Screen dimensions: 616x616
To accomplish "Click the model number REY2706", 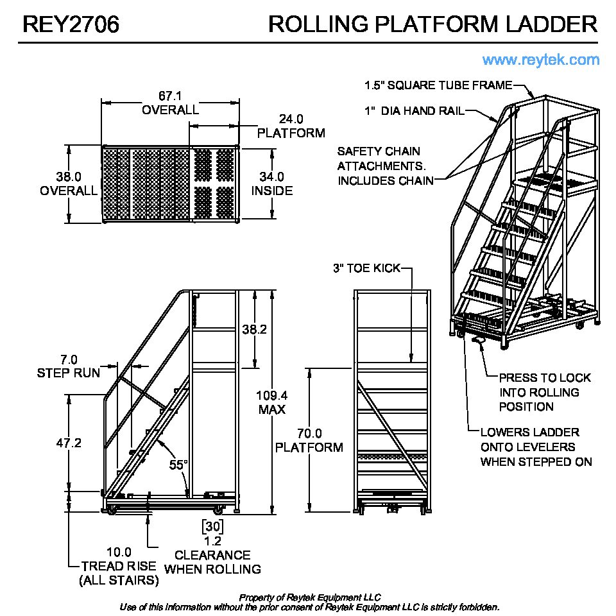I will pos(71,24).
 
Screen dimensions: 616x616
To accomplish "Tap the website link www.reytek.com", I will pos(541,60).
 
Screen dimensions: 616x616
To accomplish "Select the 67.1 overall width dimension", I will pos(170,96).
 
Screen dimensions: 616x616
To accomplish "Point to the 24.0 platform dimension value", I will pos(291,119).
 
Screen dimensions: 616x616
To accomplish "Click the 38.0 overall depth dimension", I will pos(69,176).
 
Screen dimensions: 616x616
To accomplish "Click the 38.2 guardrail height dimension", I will pos(255,329).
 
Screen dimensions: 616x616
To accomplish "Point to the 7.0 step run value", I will pos(69,359).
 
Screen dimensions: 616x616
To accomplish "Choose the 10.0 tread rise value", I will pos(119,552).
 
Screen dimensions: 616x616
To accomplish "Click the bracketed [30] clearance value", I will pos(212,527).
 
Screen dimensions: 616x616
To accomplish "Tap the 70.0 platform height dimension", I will pos(309,433).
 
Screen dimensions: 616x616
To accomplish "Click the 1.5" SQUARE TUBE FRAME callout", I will pos(438,85).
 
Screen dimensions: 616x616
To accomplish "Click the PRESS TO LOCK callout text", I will pos(545,378).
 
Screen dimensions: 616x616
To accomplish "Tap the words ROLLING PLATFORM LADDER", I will pos(433,24).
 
